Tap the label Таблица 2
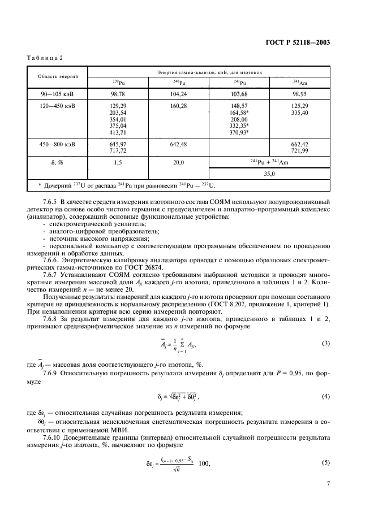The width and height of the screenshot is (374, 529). (45, 58)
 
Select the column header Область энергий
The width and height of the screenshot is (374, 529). (58, 76)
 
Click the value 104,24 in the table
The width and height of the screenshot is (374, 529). (179, 94)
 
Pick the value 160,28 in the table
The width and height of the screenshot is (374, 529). (179, 106)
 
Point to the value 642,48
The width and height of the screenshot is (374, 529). (179, 145)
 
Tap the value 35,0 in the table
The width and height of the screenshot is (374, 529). (269, 174)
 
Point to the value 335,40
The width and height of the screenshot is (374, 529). (299, 112)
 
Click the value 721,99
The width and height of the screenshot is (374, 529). (299, 152)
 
